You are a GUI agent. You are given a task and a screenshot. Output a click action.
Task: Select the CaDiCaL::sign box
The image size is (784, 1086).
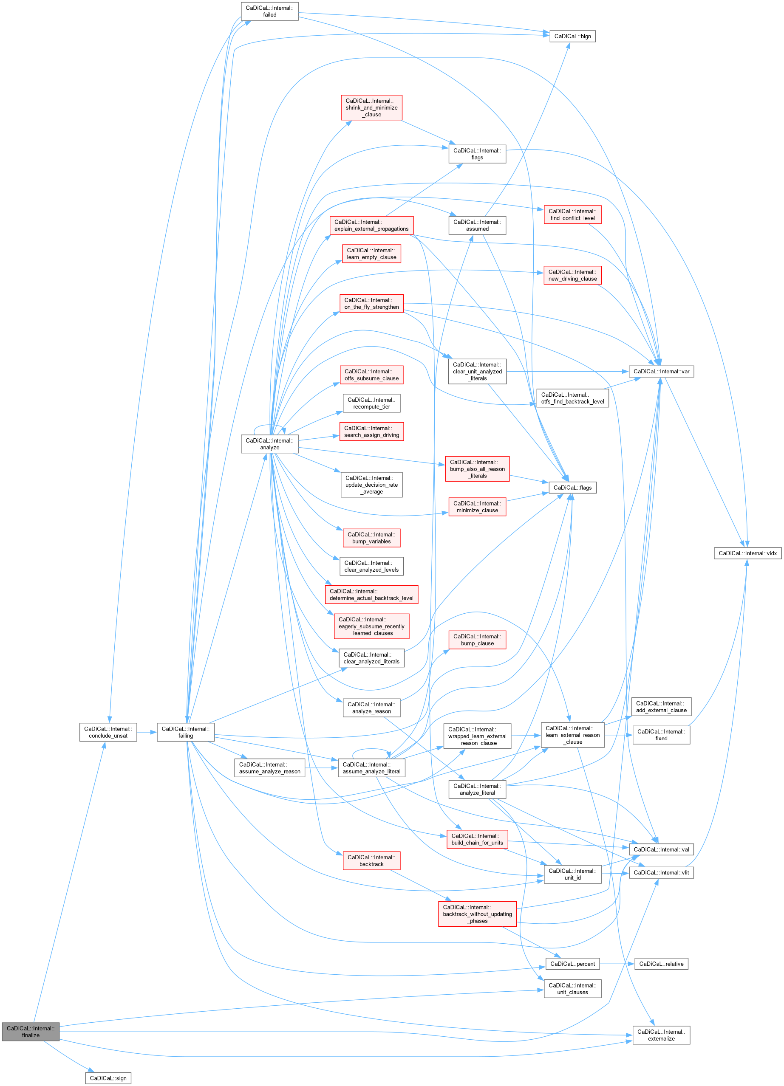[108, 1078]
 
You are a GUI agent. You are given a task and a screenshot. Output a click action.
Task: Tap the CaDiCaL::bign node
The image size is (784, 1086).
[572, 37]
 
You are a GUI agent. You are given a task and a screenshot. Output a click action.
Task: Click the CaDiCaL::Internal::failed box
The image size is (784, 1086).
[269, 11]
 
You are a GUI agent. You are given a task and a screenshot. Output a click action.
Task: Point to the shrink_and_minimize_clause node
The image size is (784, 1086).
[371, 108]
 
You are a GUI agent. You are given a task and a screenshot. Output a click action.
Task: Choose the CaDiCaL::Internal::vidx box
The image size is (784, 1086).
[747, 553]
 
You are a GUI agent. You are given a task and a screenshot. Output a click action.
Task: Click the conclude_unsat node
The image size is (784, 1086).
[108, 732]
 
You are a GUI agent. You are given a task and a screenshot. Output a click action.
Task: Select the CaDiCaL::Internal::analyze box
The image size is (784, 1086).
[269, 444]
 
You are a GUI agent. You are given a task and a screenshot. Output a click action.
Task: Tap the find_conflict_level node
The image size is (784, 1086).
[572, 214]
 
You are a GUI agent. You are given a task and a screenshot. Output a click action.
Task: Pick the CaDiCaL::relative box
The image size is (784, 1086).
[661, 964]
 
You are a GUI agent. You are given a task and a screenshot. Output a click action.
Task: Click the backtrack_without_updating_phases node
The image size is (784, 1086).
[477, 914]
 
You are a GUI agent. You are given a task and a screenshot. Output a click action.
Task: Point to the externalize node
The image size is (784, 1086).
[661, 1035]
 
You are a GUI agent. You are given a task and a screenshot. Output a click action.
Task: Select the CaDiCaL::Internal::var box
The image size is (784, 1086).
[661, 372]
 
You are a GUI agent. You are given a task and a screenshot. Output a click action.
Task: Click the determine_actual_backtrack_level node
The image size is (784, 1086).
[371, 595]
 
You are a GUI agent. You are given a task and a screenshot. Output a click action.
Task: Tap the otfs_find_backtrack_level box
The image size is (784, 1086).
[572, 398]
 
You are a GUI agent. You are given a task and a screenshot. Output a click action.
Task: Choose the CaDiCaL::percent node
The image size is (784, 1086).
[572, 964]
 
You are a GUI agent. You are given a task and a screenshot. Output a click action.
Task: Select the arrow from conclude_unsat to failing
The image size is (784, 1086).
[147, 732]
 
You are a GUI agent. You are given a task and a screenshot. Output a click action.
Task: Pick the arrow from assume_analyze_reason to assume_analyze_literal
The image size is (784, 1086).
[322, 768]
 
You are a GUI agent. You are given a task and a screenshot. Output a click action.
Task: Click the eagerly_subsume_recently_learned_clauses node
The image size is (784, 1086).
[371, 626]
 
